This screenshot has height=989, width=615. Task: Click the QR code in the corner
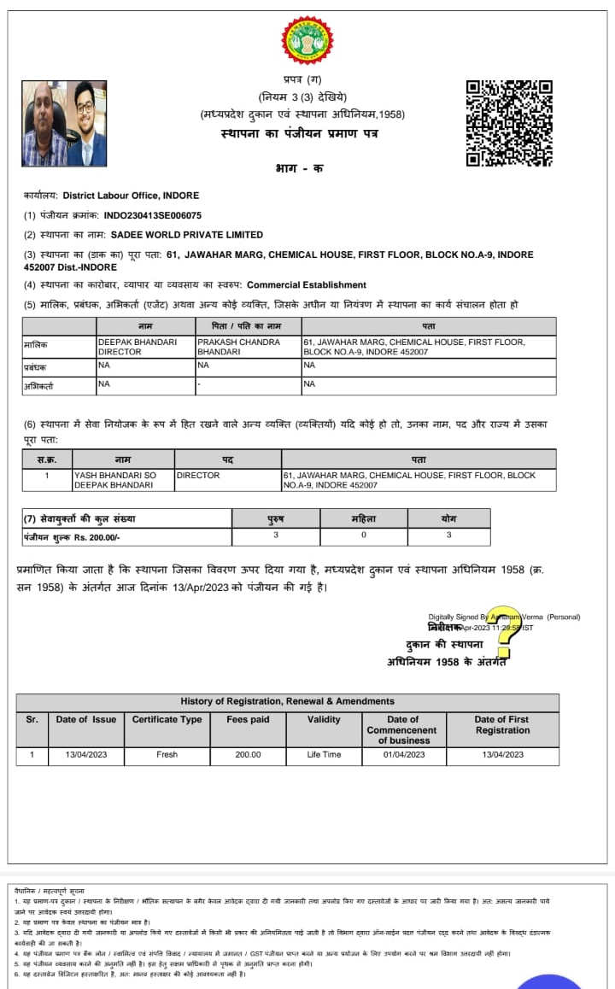(509, 123)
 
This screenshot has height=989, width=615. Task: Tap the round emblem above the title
(307, 40)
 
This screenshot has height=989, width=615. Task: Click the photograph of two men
(64, 124)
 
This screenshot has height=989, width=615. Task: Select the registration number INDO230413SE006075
(153, 215)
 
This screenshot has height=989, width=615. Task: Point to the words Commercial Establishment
(307, 284)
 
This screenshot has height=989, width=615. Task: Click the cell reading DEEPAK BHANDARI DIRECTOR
(138, 346)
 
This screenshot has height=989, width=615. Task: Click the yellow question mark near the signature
(502, 632)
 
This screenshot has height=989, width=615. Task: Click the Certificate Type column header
(167, 719)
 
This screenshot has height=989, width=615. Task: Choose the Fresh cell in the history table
(167, 755)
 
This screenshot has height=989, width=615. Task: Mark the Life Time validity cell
(324, 755)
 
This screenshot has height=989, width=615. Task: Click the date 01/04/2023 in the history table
(404, 755)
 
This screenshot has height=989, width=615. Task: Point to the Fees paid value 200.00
(248, 755)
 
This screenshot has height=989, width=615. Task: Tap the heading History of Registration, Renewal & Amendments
(287, 701)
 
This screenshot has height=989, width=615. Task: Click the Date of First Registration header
(502, 724)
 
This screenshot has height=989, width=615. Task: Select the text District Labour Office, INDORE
(131, 196)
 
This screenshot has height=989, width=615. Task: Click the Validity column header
(324, 719)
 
